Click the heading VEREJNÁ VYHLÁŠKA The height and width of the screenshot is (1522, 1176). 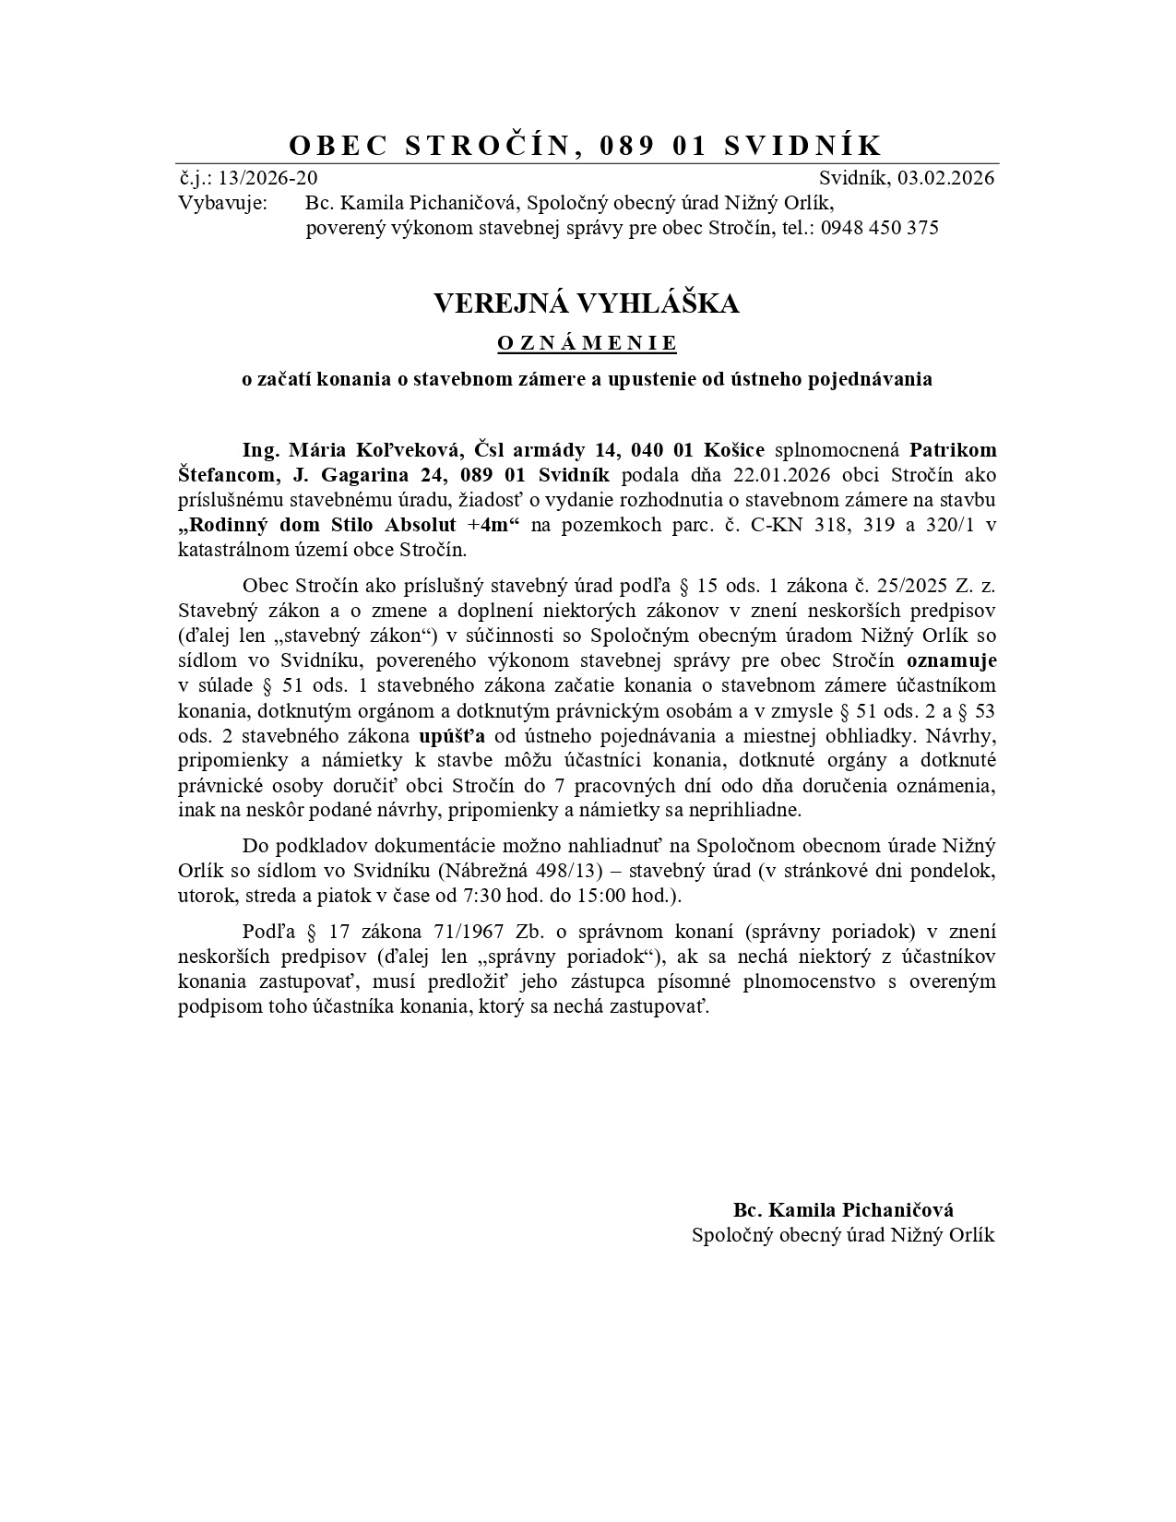pos(587,303)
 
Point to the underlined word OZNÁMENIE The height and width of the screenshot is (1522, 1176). pos(587,343)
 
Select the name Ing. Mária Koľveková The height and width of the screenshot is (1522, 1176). pos(353,450)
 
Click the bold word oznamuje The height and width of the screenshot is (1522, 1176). pos(951,660)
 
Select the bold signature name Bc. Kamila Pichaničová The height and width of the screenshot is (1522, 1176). pos(843,1210)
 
